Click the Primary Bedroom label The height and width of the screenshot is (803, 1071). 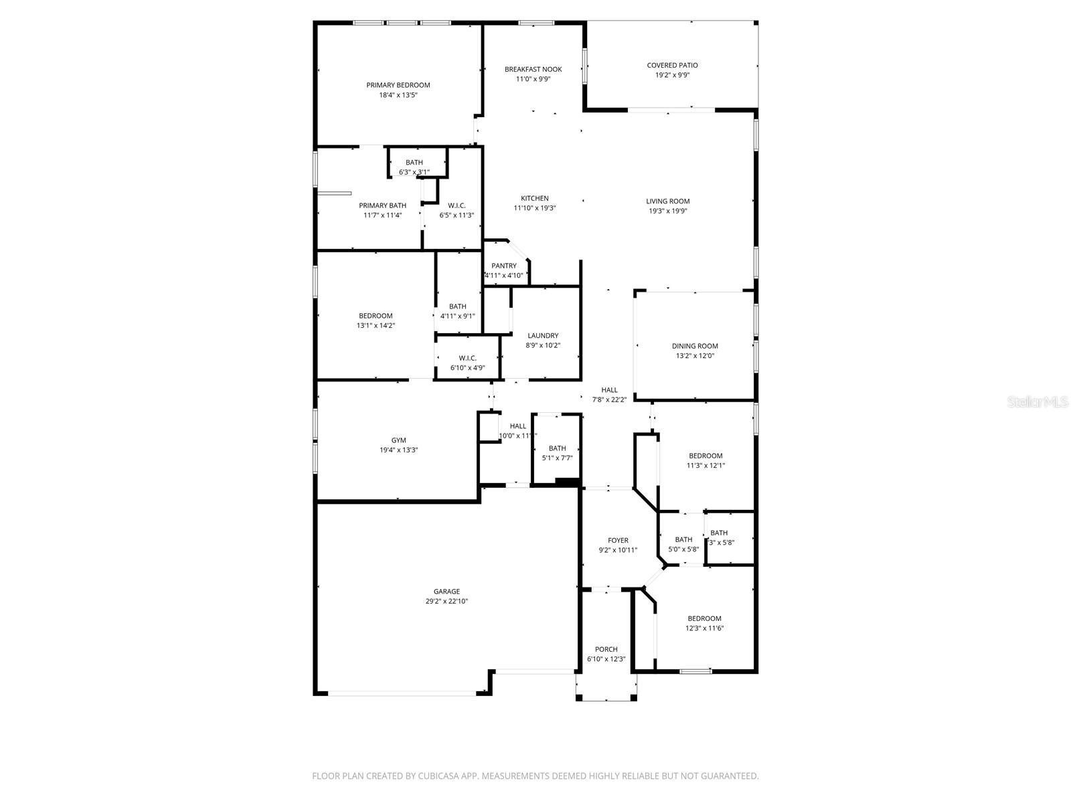pos(398,85)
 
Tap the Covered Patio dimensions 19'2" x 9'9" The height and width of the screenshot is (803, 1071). pos(672,75)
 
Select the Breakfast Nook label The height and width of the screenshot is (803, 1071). pos(533,69)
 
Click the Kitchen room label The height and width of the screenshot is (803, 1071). pos(535,198)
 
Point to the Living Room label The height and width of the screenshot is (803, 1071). pos(667,201)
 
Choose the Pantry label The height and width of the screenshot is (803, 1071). pos(503,266)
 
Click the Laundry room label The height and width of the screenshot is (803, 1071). pos(542,335)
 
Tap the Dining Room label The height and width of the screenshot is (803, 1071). pos(695,346)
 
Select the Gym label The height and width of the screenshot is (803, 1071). pos(398,440)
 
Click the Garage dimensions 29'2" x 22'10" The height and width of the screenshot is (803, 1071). pos(446,601)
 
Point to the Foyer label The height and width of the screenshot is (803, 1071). pos(618,540)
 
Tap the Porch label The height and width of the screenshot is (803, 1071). pos(606,649)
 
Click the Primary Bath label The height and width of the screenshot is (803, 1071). pos(382,205)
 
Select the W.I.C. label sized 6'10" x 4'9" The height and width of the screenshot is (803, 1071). pos(467,358)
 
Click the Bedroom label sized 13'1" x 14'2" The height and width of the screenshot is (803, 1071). pos(376,316)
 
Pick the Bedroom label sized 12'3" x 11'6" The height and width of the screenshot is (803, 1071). pos(704,618)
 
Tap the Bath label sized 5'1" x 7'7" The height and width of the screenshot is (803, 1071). pos(557,448)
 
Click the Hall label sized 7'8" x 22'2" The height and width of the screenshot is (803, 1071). pos(609,390)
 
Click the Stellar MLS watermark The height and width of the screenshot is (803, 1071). pos(1037,402)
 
